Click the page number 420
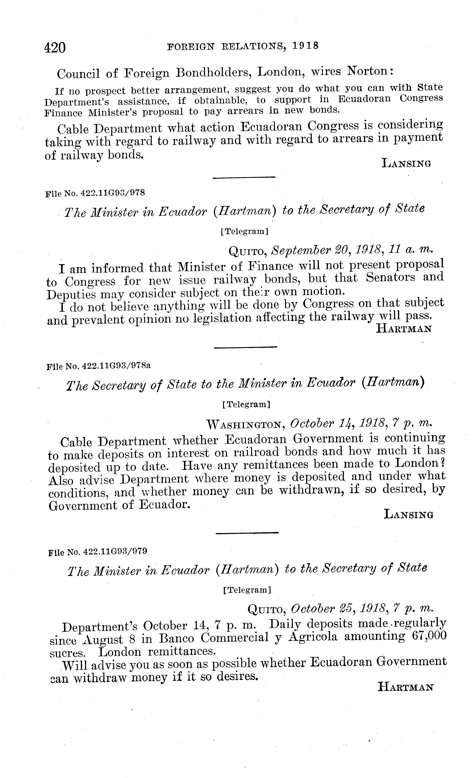point(55,48)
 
